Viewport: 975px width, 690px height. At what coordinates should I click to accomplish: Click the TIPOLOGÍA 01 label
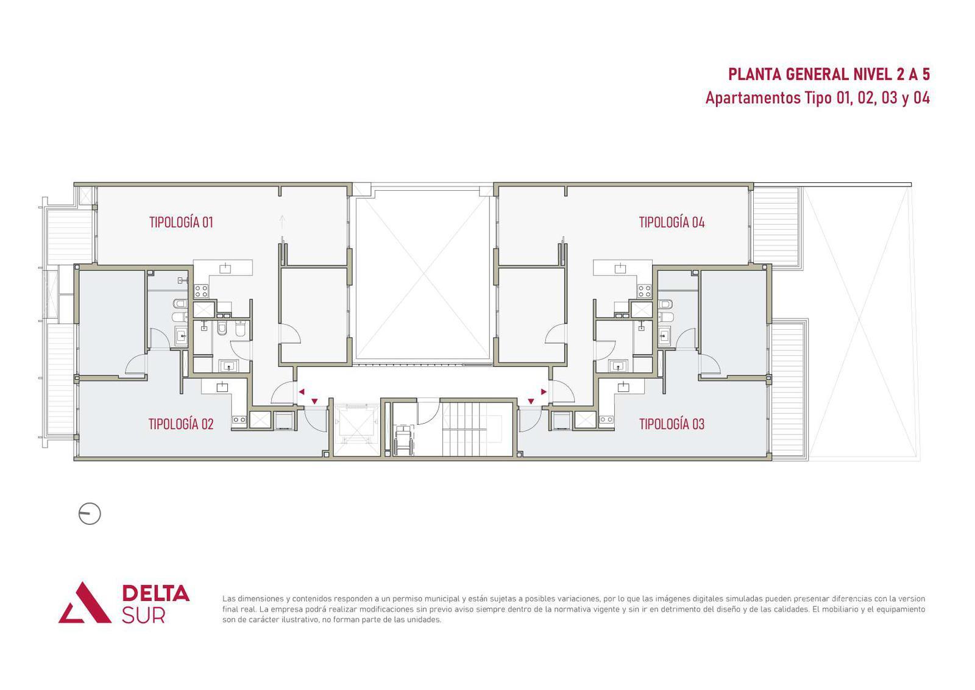point(181,222)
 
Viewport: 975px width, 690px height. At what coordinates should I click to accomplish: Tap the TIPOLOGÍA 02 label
point(180,424)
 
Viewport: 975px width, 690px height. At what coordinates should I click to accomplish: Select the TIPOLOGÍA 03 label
point(672,424)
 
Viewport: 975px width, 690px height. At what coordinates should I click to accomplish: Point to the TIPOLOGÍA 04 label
point(672,222)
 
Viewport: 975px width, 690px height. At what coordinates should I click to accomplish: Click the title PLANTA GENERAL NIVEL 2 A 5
point(829,74)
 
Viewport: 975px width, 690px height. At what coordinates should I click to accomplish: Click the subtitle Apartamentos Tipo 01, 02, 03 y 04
point(817,98)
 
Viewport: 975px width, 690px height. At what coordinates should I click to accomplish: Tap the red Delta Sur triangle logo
point(85,602)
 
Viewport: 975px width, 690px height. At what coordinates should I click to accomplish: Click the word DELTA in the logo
point(155,593)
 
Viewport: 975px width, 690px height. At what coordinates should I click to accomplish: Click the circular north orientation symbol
point(90,514)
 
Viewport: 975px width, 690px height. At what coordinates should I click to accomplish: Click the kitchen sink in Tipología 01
point(225,268)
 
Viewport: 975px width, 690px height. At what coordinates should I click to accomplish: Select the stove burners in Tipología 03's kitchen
point(607,419)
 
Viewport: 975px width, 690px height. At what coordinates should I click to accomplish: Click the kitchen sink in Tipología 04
point(620,268)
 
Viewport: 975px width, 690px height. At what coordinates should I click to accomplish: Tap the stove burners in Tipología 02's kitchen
point(239,419)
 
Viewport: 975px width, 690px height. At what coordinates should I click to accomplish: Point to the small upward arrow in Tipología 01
point(282,222)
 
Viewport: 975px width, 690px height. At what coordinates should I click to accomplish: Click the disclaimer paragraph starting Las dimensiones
point(573,609)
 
